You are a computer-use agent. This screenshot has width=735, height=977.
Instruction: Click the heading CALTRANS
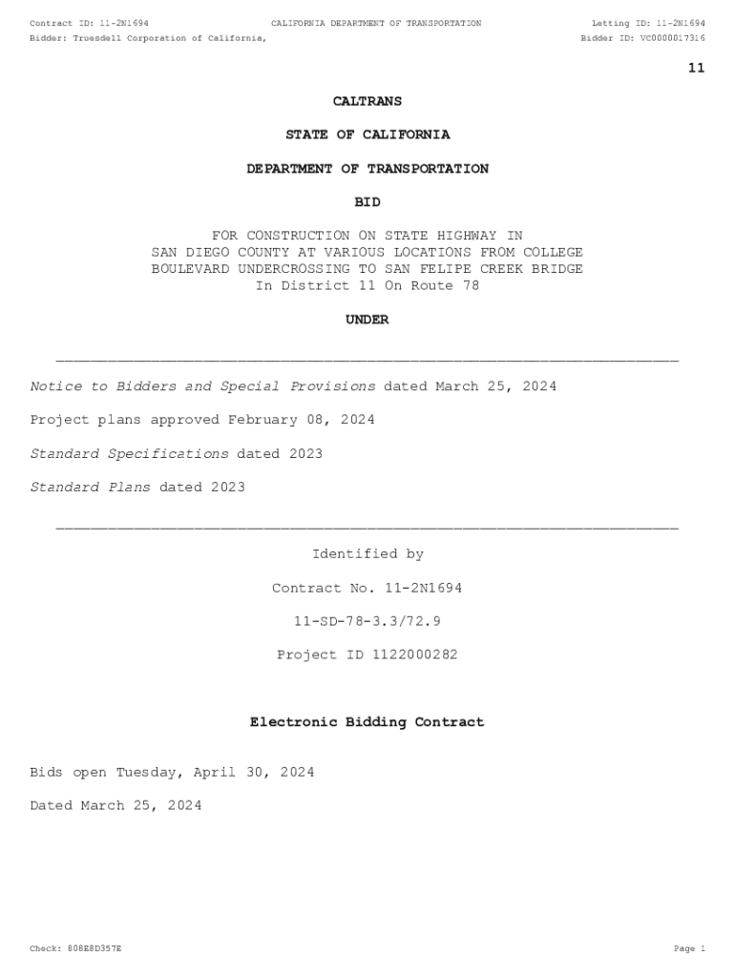367,101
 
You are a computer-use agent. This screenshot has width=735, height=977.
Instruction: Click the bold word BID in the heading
367,202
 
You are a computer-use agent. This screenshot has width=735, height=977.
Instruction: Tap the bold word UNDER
367,321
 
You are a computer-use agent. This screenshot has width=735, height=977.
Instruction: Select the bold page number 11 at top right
696,68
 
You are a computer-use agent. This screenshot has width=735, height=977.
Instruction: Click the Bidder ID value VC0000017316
672,38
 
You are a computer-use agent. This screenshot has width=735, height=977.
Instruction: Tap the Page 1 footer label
689,948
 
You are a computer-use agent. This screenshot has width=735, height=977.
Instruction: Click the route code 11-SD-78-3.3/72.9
367,621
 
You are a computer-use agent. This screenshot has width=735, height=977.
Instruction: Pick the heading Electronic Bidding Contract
367,722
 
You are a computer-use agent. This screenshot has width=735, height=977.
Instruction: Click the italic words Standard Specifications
130,454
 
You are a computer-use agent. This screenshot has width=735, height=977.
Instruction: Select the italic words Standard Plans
91,488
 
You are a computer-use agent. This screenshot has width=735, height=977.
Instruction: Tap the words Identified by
367,554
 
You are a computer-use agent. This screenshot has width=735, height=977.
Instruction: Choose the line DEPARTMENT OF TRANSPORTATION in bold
367,169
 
